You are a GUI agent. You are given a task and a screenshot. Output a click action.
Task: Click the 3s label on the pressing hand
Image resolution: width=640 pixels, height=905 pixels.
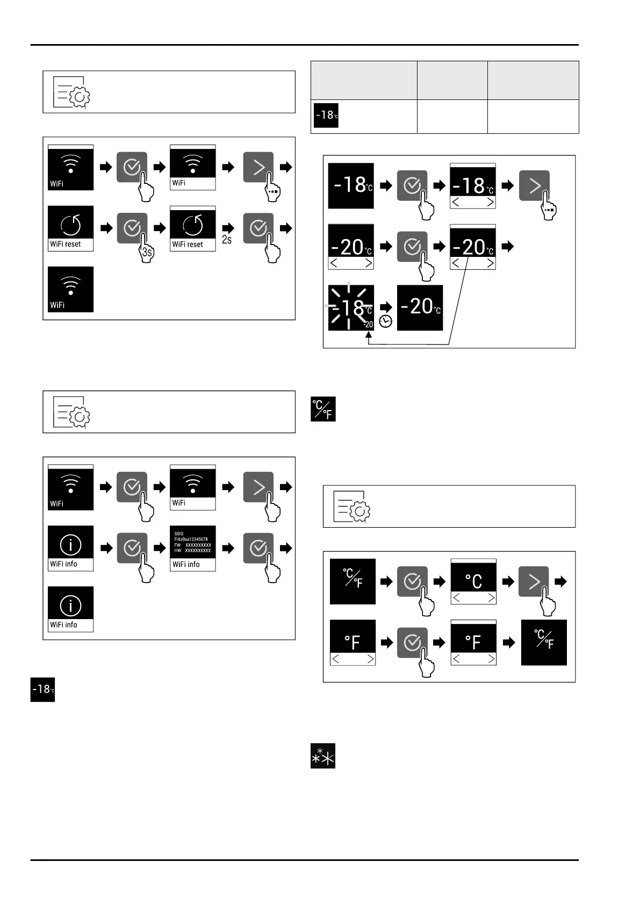[x=147, y=252]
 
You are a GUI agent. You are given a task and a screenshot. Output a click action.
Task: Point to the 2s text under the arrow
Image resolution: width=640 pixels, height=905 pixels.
[x=227, y=240]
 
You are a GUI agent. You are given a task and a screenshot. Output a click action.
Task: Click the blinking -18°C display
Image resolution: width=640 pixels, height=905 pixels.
[x=351, y=307]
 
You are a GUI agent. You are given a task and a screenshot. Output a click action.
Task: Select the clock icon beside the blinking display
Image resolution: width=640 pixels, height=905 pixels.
[x=385, y=321]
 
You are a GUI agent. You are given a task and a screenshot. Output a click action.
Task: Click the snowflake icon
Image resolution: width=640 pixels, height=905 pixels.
[x=323, y=756]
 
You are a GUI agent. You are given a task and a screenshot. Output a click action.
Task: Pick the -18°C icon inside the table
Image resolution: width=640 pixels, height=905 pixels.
[x=326, y=115]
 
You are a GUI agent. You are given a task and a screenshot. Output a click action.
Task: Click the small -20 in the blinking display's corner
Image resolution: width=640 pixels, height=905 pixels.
[x=368, y=325]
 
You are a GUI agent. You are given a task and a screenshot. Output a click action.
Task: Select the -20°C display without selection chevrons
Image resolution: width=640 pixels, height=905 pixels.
[x=420, y=307]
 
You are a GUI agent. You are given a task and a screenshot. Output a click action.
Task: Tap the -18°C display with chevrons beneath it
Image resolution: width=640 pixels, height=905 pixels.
[x=472, y=186]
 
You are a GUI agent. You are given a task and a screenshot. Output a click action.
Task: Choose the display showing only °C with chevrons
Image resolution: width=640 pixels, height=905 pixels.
[x=473, y=581]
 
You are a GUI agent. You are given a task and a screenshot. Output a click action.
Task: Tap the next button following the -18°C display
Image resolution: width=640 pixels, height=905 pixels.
[x=534, y=185]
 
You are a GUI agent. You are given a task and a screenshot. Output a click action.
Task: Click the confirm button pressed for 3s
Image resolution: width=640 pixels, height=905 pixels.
[x=132, y=228]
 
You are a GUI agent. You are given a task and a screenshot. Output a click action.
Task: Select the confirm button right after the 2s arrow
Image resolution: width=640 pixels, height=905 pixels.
[x=258, y=228]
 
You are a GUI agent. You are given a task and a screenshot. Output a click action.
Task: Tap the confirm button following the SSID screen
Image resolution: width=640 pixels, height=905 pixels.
[x=258, y=548]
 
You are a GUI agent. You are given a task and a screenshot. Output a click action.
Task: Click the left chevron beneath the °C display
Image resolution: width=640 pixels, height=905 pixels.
[x=457, y=598]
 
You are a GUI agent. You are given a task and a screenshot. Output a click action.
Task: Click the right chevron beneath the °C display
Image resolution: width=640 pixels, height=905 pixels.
[x=491, y=598]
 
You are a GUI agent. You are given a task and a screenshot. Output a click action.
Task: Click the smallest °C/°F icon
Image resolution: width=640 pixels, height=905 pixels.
[x=323, y=409]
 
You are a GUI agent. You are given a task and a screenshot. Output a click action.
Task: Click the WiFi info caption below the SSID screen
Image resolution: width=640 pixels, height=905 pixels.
[x=186, y=565]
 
